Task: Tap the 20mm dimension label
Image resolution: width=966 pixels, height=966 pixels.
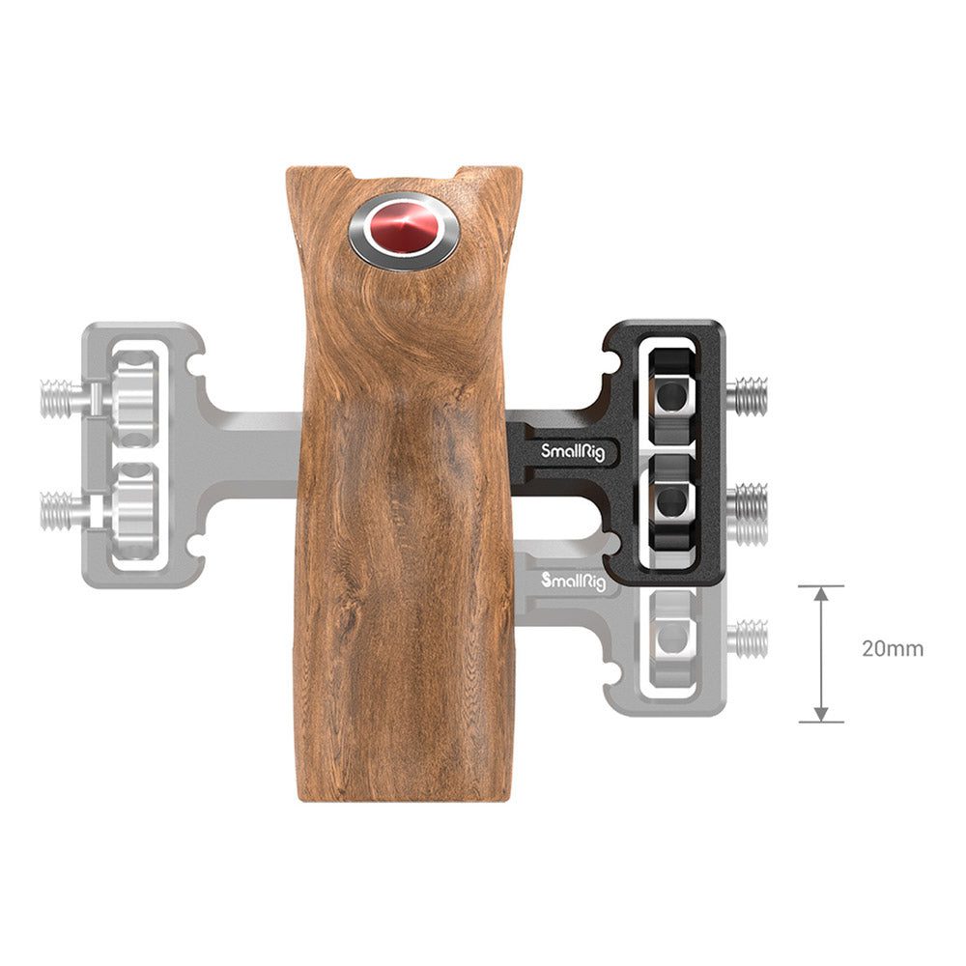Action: point(892,649)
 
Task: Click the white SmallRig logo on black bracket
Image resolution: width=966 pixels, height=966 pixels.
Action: point(572,453)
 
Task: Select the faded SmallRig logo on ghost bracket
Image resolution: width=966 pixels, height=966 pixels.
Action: point(573,581)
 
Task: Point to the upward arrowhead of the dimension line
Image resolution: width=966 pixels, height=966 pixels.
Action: point(821,594)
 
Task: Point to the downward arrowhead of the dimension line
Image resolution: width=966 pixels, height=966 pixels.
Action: point(821,714)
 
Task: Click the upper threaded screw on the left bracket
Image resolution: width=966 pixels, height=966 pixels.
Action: point(62,399)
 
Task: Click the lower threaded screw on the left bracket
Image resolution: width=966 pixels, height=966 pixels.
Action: point(62,511)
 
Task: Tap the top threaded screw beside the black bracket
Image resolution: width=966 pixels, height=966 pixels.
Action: point(748,395)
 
